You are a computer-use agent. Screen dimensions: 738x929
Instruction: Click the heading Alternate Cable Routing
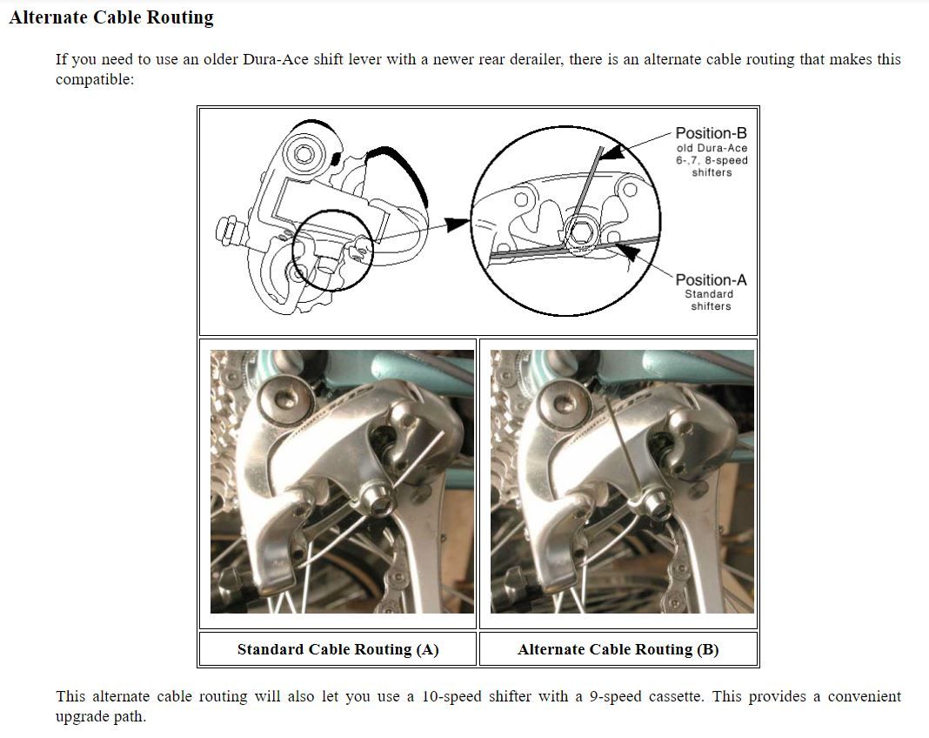111,17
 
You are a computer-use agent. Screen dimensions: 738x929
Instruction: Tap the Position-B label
711,133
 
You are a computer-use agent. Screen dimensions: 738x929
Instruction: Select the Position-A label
711,280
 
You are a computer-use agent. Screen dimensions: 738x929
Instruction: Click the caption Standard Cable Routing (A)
338,649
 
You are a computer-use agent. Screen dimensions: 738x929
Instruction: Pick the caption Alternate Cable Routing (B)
618,649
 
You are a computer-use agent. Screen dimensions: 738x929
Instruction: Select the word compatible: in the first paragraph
95,81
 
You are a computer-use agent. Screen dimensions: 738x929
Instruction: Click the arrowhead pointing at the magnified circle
457,225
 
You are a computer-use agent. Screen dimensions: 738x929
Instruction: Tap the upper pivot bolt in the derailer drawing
304,154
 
